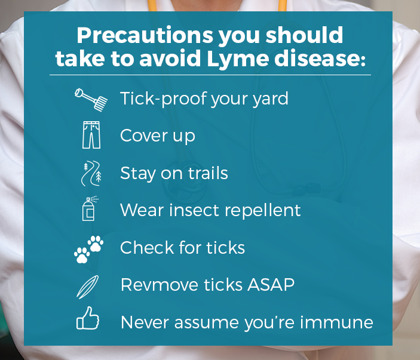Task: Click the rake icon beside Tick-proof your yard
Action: (91, 100)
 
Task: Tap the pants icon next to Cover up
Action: (91, 135)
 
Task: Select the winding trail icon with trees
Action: (91, 173)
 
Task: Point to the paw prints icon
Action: (88, 249)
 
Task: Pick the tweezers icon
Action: (88, 287)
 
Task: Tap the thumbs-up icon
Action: (88, 318)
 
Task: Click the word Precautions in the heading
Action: (145, 35)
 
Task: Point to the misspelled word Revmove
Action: (160, 285)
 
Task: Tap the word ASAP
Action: (271, 285)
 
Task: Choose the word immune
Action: (336, 322)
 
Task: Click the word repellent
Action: (263, 210)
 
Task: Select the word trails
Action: (208, 173)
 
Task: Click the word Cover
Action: (144, 136)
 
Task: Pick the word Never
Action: (145, 322)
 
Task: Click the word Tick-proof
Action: (164, 99)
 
